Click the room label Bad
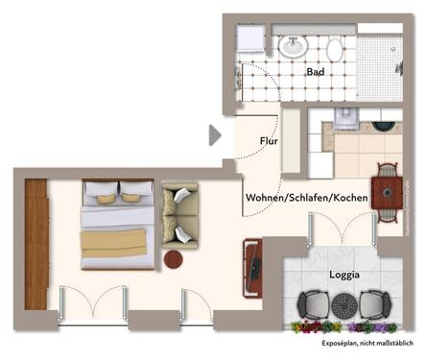click(x=315, y=72)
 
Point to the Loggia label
click(x=343, y=275)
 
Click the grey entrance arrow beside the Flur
click(x=215, y=135)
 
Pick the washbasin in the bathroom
click(x=293, y=46)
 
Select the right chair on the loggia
click(x=371, y=305)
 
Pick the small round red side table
click(x=174, y=259)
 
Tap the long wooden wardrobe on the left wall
click(x=35, y=244)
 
